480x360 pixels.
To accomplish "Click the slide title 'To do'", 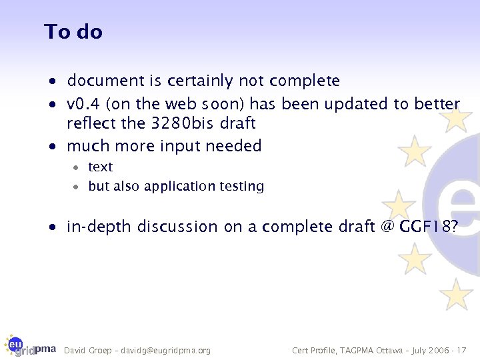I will [73, 31].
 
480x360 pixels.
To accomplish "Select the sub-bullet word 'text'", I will [101, 167].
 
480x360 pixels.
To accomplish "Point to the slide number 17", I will [462, 351].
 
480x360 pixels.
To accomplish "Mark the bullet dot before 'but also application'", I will [77, 187].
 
